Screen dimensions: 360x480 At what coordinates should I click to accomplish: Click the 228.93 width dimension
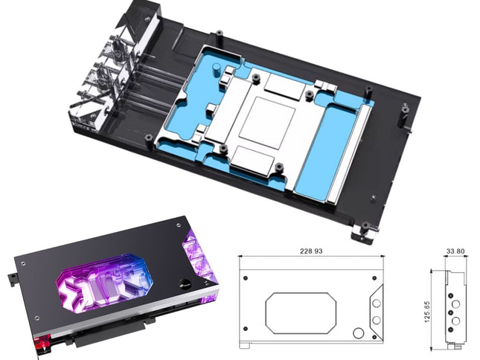310,252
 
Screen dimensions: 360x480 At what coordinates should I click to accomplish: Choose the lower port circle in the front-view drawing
377,319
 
